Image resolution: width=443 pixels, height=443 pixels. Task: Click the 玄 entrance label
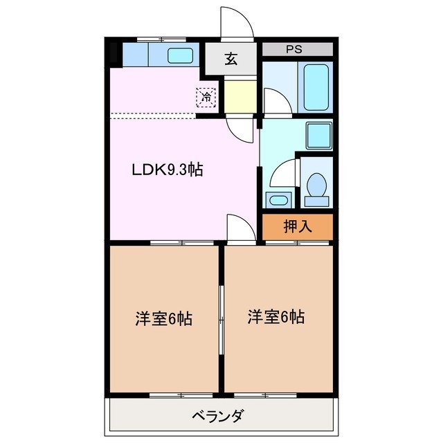(x=230, y=59)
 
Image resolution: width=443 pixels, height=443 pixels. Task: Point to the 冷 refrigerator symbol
(x=206, y=98)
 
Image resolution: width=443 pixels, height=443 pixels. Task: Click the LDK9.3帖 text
(x=168, y=170)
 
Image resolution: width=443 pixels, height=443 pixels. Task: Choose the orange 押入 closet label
(x=297, y=225)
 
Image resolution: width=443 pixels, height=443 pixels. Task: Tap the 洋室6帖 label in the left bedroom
(x=163, y=319)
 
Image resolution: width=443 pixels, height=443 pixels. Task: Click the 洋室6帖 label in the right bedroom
(x=276, y=317)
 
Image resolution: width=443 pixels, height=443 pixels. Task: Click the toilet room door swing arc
(x=282, y=173)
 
